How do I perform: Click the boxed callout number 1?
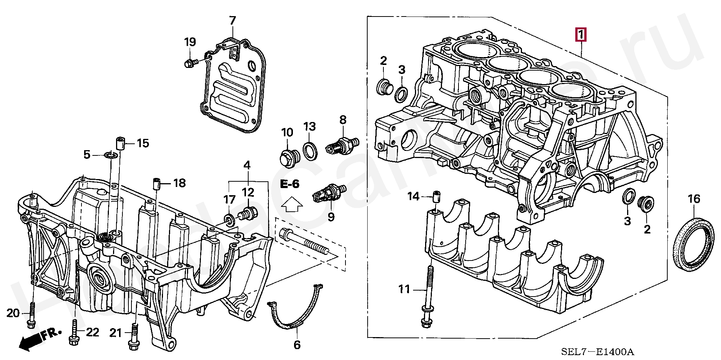(581, 36)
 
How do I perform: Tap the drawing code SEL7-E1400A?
(597, 352)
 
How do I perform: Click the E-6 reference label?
(290, 184)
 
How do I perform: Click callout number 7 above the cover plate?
(232, 21)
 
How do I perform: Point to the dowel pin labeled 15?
(119, 144)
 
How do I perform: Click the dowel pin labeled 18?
(157, 184)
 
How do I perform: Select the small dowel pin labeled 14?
(436, 197)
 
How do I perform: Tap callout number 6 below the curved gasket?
(297, 345)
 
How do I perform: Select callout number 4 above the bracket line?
(247, 165)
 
